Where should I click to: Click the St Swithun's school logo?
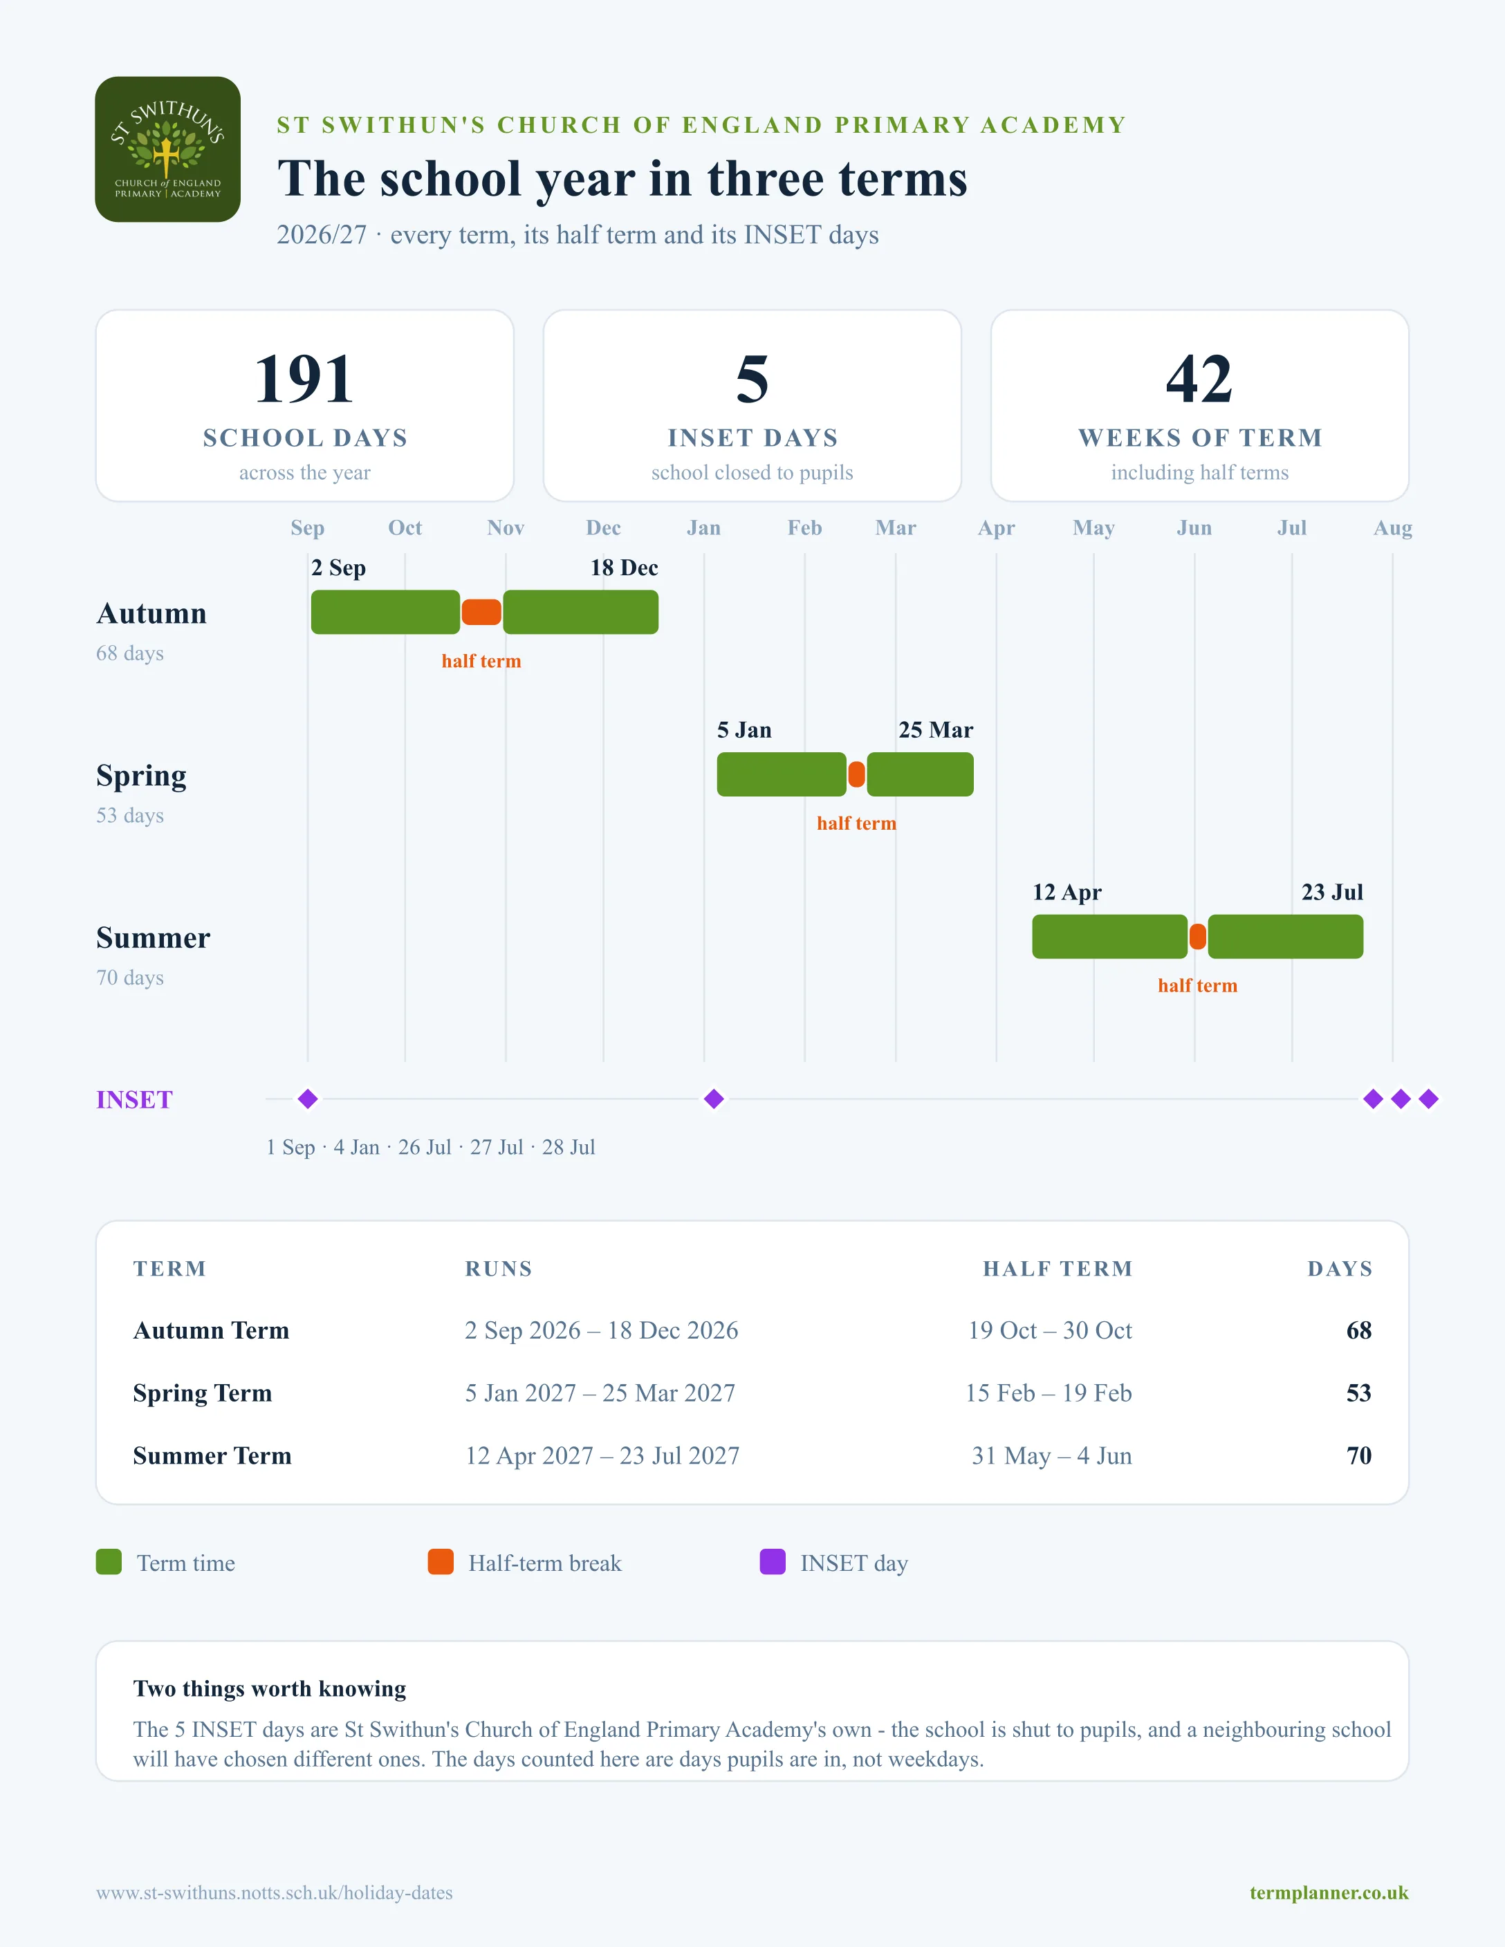coord(167,149)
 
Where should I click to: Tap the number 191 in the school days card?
coord(304,379)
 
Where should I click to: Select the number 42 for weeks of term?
coord(1199,379)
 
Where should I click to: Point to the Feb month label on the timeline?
coord(804,528)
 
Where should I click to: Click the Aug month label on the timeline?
coord(1393,528)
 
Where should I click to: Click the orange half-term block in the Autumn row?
coord(481,613)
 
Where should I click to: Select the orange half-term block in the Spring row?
coord(856,774)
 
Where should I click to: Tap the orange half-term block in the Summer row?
coord(1197,937)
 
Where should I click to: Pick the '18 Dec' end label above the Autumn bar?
coord(624,568)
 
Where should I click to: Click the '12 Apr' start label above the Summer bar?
coord(1067,893)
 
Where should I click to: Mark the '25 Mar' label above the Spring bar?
coord(935,730)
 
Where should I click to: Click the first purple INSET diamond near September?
coord(308,1099)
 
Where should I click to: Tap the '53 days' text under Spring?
coord(130,816)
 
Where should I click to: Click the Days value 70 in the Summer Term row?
coord(1359,1456)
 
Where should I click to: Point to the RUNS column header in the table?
coord(499,1269)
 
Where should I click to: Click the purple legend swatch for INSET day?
coord(772,1562)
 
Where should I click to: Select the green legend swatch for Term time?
coord(109,1562)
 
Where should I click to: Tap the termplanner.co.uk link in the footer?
coord(1329,1892)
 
